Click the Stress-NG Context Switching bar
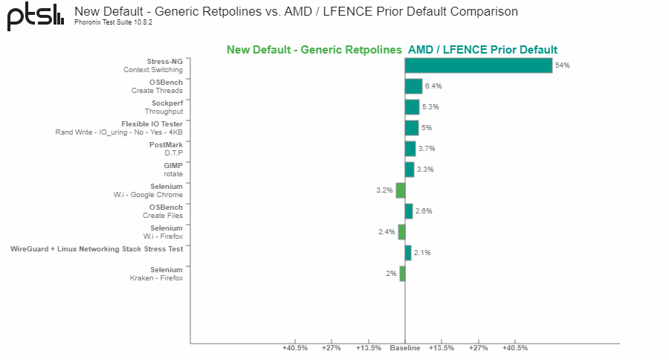479,65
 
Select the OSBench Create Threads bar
413,86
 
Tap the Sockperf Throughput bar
412,107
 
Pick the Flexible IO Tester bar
412,128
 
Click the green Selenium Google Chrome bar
401,190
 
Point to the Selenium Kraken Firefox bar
402,274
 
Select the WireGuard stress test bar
408,253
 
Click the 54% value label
562,65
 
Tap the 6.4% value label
433,86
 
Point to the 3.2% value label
384,190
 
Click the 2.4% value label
387,232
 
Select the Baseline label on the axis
405,348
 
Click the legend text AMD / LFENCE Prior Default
482,50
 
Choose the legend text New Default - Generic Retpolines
314,50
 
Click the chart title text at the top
296,11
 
